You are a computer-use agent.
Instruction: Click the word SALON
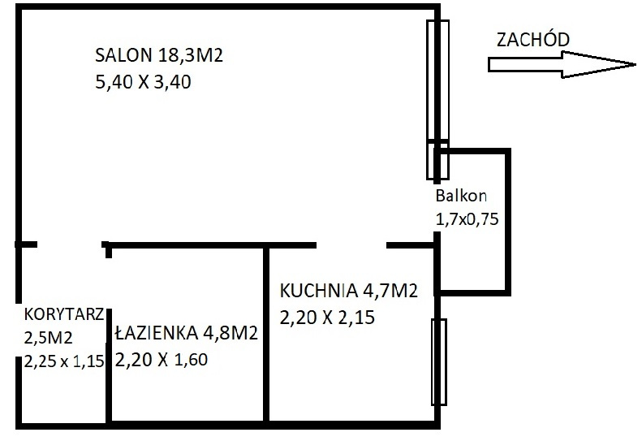point(123,55)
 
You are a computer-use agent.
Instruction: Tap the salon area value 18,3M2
point(190,55)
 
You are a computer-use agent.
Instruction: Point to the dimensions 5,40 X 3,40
point(143,82)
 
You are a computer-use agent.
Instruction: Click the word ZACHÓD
point(533,39)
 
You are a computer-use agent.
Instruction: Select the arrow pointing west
point(562,64)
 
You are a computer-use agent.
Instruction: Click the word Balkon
point(461,196)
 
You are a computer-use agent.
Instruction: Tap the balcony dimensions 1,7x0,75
point(467,219)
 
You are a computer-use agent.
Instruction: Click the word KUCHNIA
point(318,291)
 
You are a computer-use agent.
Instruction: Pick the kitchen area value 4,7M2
point(390,291)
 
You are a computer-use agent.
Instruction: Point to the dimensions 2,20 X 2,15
point(327,318)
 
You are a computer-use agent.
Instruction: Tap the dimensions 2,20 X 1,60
point(162,360)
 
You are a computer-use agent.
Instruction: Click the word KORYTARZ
point(64,314)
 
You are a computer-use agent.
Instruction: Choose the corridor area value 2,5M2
point(49,338)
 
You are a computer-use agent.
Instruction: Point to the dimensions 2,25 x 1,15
point(64,361)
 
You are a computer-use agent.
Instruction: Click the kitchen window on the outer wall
point(439,362)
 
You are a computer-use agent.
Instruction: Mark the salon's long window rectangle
point(437,100)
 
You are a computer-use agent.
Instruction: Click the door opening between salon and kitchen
point(351,245)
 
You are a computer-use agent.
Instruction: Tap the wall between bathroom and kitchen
point(266,334)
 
